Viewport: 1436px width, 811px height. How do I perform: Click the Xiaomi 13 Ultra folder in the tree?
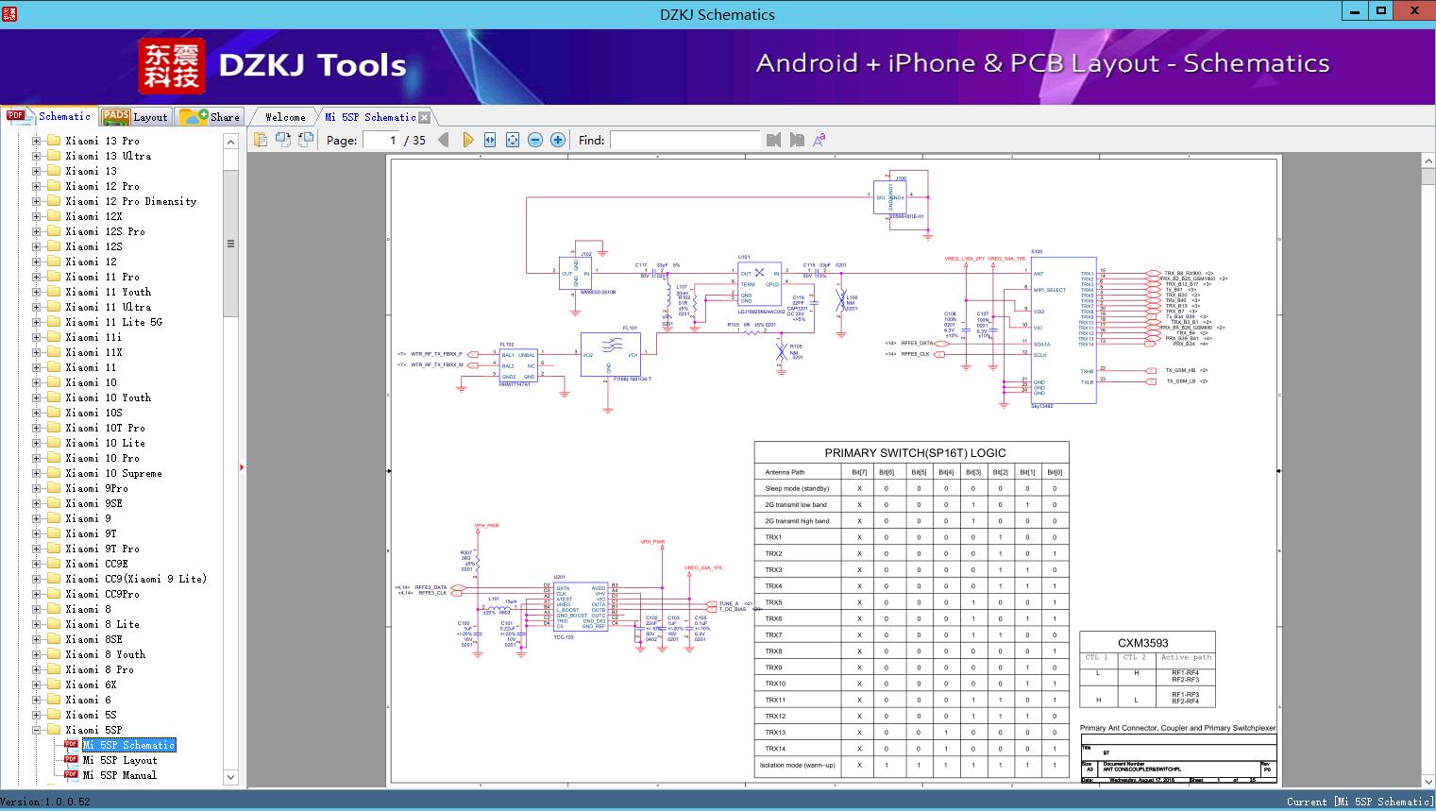pos(108,156)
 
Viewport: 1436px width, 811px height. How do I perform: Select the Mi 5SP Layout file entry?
pos(119,760)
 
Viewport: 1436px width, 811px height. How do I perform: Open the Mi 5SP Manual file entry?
pos(119,775)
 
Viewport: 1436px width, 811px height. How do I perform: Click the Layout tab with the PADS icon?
pos(135,117)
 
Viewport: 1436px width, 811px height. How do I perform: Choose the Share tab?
pos(211,117)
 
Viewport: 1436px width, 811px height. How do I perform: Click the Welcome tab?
pos(285,117)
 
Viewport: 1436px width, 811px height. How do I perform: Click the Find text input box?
pos(684,140)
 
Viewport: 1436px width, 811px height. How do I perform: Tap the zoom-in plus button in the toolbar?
pos(558,140)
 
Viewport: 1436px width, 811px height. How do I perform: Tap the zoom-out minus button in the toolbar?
pos(535,140)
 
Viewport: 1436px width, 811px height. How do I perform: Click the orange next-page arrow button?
pos(467,140)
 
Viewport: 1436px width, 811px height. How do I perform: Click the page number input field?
pos(380,140)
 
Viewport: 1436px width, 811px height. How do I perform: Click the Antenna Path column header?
pos(785,472)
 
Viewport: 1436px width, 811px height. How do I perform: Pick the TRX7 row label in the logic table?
pos(773,635)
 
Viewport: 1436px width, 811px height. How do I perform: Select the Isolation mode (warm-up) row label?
pos(797,766)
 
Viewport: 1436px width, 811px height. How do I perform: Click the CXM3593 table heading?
pos(1142,643)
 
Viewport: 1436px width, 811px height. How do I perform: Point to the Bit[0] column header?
pos(1055,472)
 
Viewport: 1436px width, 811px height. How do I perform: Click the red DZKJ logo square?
pos(172,66)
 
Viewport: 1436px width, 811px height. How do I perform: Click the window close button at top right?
pos(1413,11)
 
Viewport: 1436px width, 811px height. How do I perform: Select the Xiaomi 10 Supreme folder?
pos(113,473)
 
